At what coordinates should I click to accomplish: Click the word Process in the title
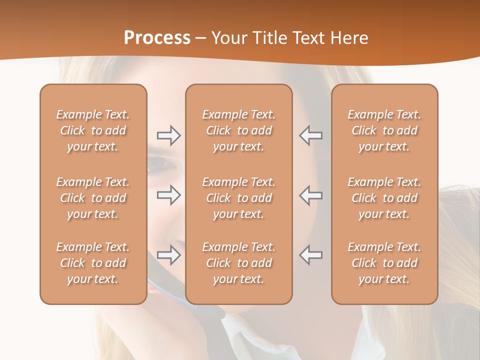[157, 38]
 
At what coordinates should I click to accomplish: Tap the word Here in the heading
[348, 38]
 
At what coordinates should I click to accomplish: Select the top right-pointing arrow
[168, 135]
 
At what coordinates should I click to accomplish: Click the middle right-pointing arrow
[168, 195]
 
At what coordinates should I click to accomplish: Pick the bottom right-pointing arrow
[168, 255]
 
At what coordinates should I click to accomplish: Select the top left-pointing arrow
[310, 135]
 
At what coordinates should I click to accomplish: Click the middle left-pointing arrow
[310, 195]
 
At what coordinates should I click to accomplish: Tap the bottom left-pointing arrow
[310, 255]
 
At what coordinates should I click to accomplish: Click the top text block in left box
[93, 130]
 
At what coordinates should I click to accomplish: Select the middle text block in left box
[93, 198]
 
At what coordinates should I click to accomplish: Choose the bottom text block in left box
[93, 263]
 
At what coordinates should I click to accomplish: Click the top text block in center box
[238, 130]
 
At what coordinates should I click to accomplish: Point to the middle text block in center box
[238, 198]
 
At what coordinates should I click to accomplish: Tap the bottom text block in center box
[238, 263]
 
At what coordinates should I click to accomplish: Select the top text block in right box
[384, 130]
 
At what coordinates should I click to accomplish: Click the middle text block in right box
[384, 198]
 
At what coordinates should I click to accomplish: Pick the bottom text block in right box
[384, 263]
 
